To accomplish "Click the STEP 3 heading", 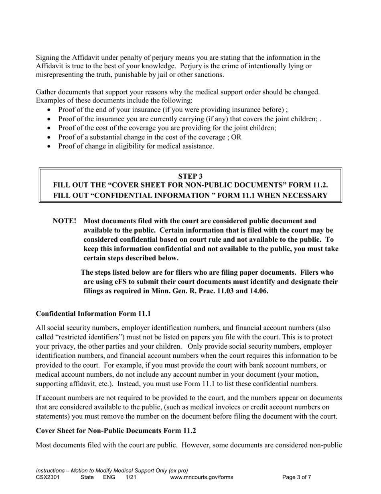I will [x=190, y=176].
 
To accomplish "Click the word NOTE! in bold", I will [x=65, y=221].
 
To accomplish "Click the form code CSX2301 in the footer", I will [x=48, y=478].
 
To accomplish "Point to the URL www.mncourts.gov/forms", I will [x=201, y=478].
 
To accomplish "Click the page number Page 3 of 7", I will [x=297, y=478].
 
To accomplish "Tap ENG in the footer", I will [x=109, y=478].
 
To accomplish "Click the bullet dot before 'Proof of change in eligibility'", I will [x=49, y=147].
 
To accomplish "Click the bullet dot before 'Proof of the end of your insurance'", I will [x=49, y=110].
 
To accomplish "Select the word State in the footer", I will [x=87, y=478].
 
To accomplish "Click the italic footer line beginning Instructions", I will [x=112, y=470].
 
